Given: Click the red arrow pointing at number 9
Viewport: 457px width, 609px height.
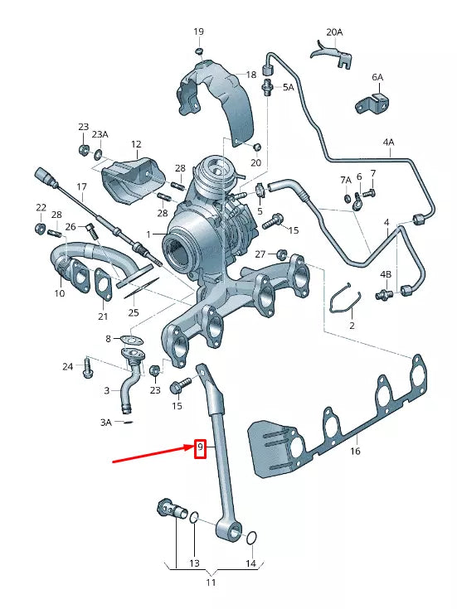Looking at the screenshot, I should tap(149, 455).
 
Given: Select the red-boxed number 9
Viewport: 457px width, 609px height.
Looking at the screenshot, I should tap(199, 448).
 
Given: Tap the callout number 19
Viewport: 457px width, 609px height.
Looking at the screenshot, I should tap(198, 31).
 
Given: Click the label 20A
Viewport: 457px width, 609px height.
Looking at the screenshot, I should tap(333, 32).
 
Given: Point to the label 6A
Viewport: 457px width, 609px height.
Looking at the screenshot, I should tap(377, 77).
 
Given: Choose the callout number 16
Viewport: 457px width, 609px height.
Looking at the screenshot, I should tap(356, 452).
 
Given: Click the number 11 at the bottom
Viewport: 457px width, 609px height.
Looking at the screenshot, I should tap(211, 582).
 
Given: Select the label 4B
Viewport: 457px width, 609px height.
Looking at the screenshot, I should tap(386, 274).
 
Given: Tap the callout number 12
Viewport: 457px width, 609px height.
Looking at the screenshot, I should tap(136, 144).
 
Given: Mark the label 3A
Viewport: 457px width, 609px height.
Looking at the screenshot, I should tap(105, 423).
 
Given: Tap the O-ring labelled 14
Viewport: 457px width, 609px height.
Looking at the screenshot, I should tap(251, 539).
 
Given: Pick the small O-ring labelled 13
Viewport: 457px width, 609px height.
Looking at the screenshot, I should tap(192, 519).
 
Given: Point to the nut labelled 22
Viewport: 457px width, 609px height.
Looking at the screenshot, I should tap(40, 227).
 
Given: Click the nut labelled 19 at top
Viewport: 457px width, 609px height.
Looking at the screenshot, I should tap(199, 51).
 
